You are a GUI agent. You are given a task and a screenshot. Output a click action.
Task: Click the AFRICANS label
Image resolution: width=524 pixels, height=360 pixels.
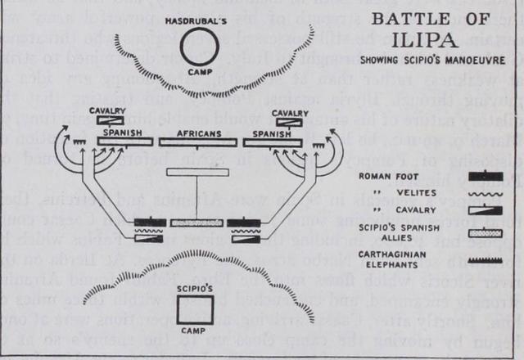point(198,129)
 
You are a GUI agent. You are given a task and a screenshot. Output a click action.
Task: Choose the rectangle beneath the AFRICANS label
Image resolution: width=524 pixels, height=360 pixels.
point(198,142)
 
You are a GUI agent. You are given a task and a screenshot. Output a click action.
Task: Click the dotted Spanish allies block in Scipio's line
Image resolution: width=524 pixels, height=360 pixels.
point(196,223)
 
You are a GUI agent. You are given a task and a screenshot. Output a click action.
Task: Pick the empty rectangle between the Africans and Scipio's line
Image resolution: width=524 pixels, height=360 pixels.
point(196,173)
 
